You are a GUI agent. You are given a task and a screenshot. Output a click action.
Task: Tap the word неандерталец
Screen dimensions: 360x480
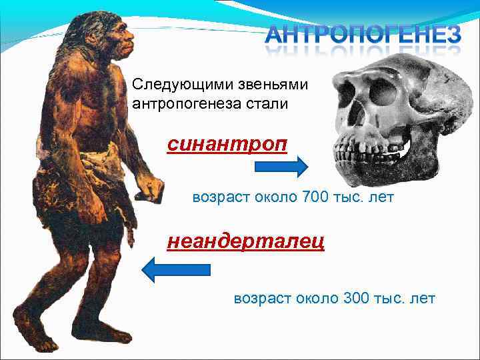tap(245, 241)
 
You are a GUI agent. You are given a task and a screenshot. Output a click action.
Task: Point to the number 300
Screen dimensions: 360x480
tap(357, 298)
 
